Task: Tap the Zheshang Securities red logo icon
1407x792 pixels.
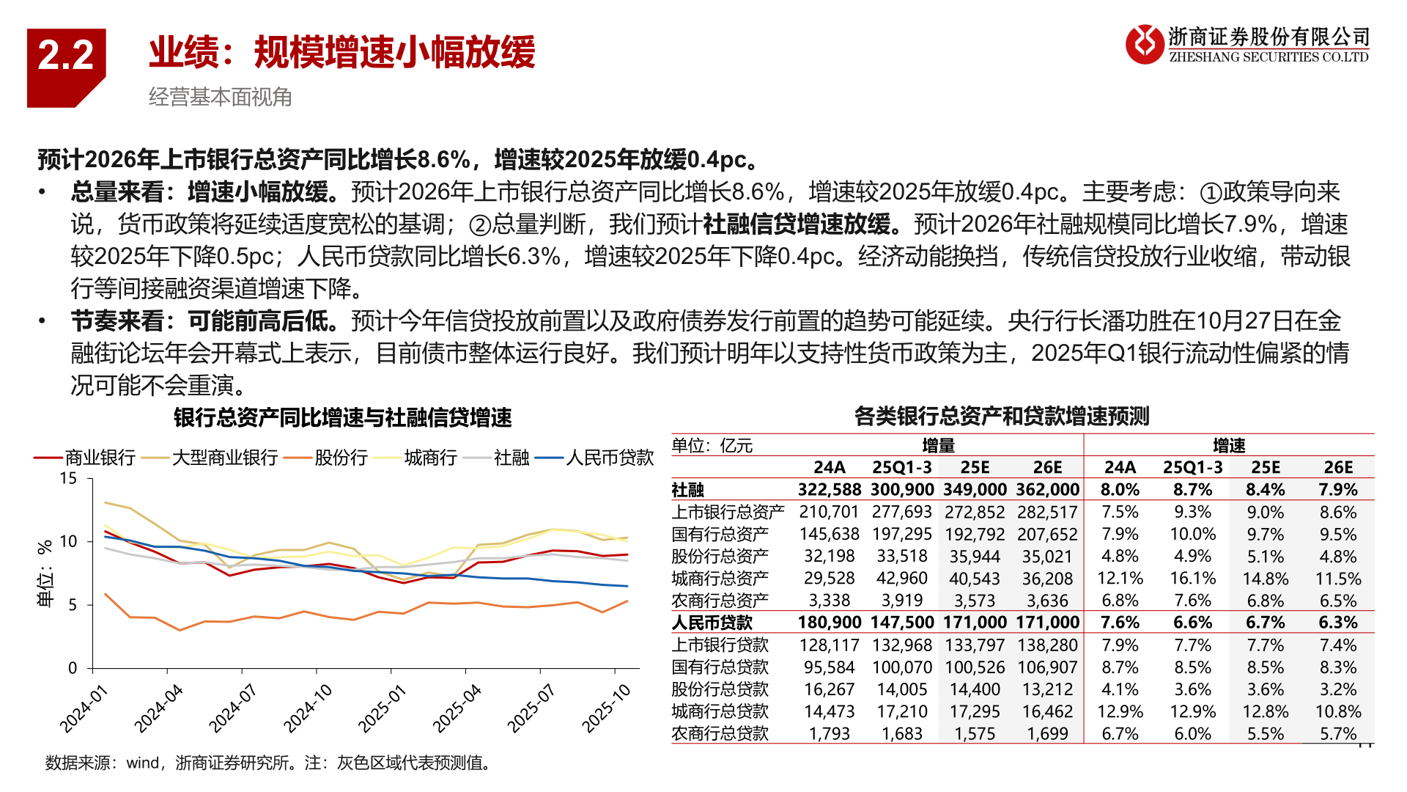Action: [1144, 44]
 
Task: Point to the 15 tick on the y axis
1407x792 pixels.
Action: [68, 479]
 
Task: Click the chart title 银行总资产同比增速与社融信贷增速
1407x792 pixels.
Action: [342, 418]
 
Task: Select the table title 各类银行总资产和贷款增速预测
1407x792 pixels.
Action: [1002, 417]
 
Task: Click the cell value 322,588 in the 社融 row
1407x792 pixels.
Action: [829, 490]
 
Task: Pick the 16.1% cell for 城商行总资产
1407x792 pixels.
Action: [1192, 579]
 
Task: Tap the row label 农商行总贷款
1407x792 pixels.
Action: [720, 733]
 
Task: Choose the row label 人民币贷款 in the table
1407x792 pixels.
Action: [712, 623]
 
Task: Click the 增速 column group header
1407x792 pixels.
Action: [1229, 445]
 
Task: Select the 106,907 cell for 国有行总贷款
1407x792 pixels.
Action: [1047, 667]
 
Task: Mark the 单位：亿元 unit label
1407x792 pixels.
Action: [712, 446]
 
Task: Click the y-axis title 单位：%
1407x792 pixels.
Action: [45, 573]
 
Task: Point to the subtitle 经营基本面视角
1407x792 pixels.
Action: [220, 97]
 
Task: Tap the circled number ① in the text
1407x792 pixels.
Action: [1210, 193]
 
